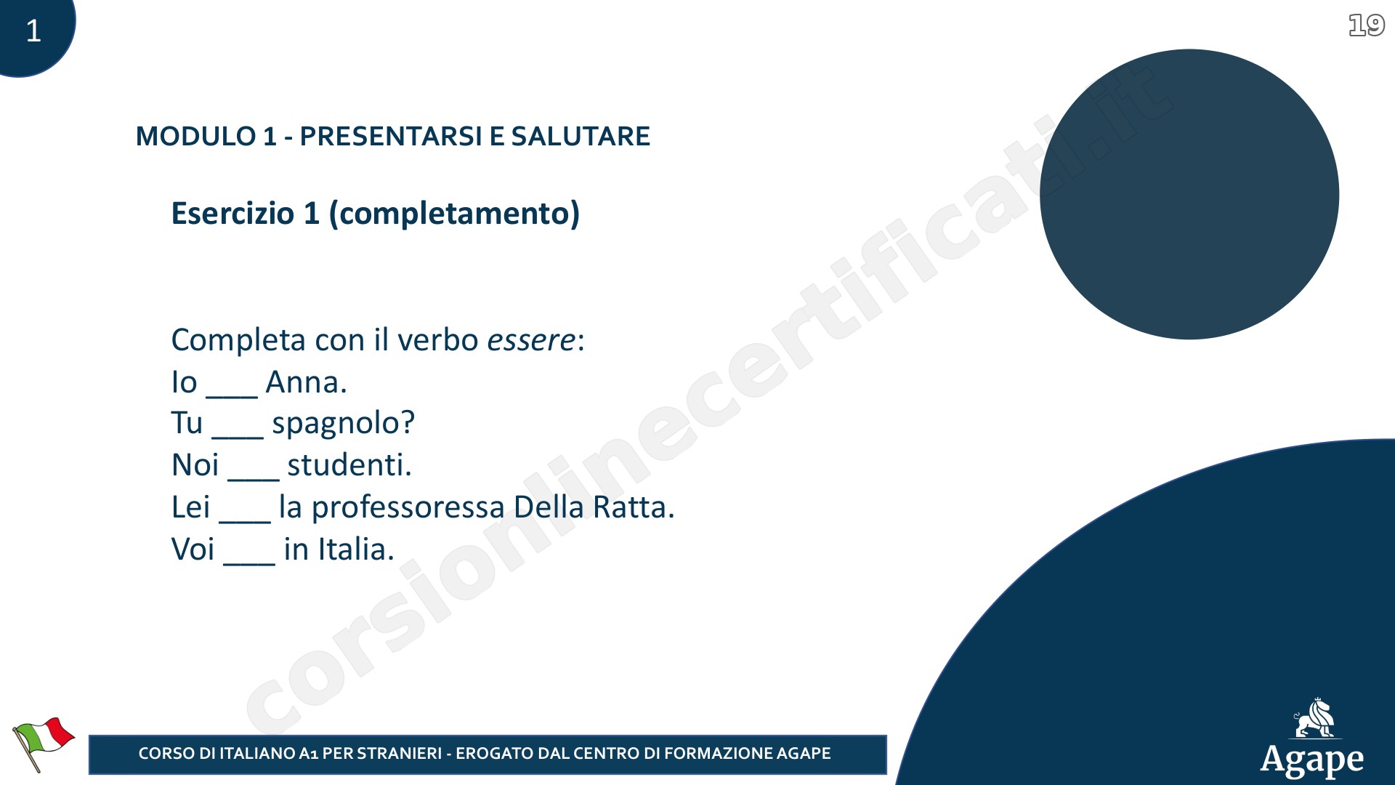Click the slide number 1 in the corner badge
point(33,31)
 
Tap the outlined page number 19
point(1367,25)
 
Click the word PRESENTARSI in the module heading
point(391,136)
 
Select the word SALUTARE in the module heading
point(581,136)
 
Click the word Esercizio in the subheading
point(232,213)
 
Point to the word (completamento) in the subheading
point(454,214)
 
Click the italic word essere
point(531,340)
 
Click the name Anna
point(306,382)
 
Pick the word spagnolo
point(343,424)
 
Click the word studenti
point(349,465)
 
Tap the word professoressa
point(408,508)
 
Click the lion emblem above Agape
point(1315,719)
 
